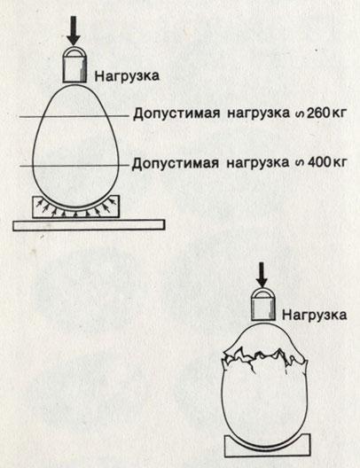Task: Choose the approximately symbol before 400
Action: pos(297,164)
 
